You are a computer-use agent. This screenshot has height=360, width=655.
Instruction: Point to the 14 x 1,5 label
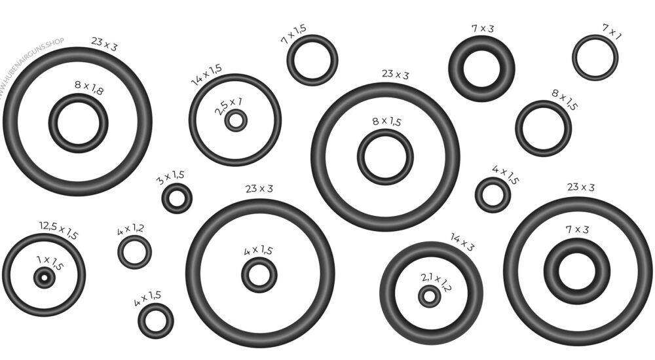pos(206,75)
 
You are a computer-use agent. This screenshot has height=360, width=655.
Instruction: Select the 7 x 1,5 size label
pos(293,34)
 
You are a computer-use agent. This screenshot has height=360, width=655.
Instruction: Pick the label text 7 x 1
pos(612,31)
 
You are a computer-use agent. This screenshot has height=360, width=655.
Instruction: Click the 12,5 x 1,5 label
pos(59,230)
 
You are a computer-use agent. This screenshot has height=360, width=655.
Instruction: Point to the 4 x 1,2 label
pos(130,229)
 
